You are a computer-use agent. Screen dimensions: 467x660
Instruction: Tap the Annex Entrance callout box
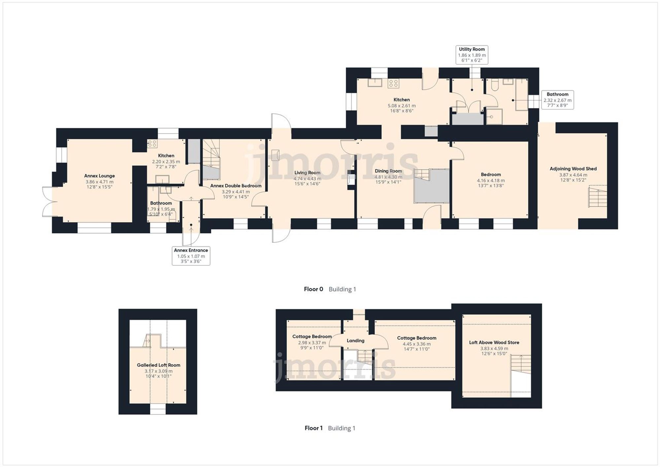coord(191,256)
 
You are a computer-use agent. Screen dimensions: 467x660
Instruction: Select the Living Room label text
coord(307,173)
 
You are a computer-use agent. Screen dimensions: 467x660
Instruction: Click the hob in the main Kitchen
coord(393,83)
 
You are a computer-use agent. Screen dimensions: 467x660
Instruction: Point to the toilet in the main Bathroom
coord(494,85)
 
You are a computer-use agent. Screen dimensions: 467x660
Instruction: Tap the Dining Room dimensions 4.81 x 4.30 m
coord(388,177)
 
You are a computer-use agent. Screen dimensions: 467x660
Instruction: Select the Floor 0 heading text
coord(313,289)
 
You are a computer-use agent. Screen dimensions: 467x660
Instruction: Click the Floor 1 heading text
coord(313,428)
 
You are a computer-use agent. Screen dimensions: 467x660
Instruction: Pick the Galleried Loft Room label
coord(158,365)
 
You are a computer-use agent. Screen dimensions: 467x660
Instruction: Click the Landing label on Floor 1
coord(355,341)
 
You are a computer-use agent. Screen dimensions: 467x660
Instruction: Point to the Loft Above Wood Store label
coord(494,343)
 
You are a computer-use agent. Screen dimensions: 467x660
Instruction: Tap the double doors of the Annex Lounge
coord(49,202)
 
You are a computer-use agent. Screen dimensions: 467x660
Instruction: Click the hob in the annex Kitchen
coord(152,144)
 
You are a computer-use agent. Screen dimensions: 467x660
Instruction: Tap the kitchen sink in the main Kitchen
coord(375,83)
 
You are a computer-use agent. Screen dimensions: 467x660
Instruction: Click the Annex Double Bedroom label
coord(236,186)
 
